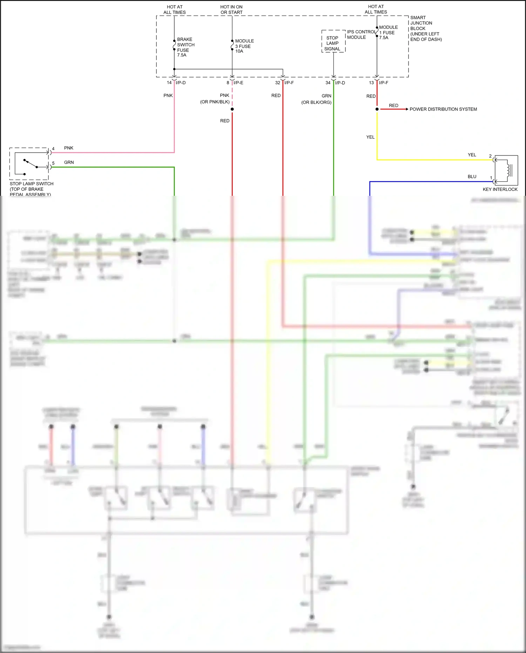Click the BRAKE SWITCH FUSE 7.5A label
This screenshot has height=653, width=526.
(x=185, y=47)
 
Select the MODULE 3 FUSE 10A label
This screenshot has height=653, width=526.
(x=244, y=46)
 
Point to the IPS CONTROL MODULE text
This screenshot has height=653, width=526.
(x=361, y=34)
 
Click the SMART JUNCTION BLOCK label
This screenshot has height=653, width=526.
(x=425, y=28)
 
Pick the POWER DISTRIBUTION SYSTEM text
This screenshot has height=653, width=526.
(x=443, y=109)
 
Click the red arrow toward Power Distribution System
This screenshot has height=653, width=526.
(x=394, y=109)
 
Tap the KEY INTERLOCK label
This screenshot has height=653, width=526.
(x=500, y=189)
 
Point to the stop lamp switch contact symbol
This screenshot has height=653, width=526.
(x=31, y=164)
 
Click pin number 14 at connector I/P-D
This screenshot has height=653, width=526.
(x=169, y=83)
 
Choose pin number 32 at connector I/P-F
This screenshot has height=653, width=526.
(x=278, y=83)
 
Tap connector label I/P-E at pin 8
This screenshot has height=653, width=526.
(x=238, y=83)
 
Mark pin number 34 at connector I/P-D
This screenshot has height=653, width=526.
(x=328, y=83)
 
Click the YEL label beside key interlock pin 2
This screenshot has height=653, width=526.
(x=472, y=155)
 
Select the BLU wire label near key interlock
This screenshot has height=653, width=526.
(x=472, y=176)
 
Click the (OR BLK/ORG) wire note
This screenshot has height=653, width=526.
(x=316, y=102)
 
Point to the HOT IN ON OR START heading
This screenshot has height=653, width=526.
(x=231, y=9)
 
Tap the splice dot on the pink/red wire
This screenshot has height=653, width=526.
(x=232, y=109)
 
